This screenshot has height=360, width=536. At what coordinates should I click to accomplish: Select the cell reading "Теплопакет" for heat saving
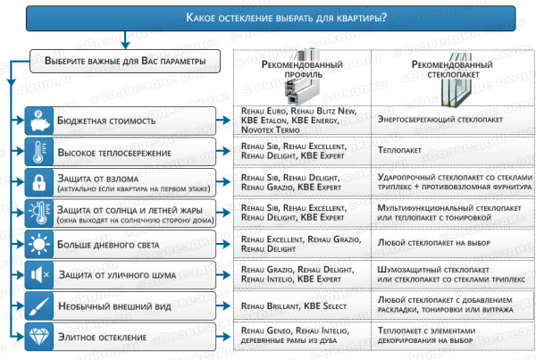tap(398, 151)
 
